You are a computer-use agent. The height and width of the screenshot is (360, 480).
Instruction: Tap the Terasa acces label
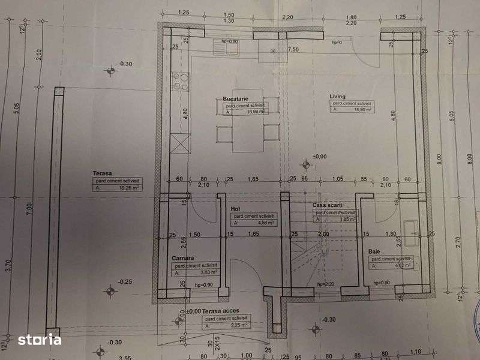(x=214, y=312)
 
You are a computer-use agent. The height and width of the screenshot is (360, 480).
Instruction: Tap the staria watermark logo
(x=39, y=340)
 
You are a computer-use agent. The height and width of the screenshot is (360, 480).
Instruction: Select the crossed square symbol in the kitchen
(x=179, y=144)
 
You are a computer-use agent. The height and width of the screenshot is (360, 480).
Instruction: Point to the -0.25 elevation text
(x=125, y=281)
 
